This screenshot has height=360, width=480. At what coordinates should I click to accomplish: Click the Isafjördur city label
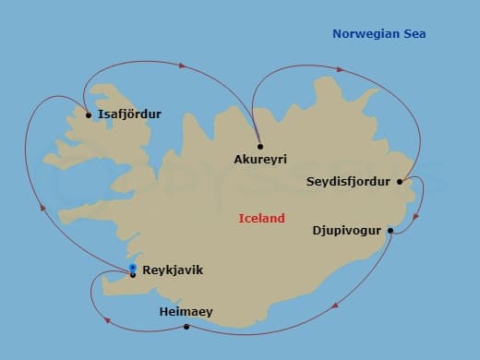point(129,114)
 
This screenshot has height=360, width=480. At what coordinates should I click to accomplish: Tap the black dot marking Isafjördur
point(89,115)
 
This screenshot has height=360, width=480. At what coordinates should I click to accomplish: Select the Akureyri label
point(260,160)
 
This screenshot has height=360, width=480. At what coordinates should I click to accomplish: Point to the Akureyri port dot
point(260,146)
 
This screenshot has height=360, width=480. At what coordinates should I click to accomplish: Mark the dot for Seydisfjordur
point(400,182)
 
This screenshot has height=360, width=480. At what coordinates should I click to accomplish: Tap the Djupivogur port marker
point(390,230)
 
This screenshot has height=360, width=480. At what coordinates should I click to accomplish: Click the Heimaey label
point(186,312)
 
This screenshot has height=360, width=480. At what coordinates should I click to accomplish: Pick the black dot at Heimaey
point(186,327)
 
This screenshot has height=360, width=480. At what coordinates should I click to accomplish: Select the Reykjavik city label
point(173,270)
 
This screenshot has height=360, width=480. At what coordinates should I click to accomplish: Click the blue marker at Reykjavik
point(133,269)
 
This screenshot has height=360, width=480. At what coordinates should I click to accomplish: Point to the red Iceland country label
point(261,219)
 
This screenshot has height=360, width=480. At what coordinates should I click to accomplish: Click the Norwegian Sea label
point(378,34)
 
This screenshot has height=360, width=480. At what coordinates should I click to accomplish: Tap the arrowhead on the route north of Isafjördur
point(183,66)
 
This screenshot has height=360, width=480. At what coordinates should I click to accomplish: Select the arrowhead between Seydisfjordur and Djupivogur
point(416,218)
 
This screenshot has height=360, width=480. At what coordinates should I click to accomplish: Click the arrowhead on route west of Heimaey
point(108,320)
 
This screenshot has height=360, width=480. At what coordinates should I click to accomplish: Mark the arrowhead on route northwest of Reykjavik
point(42,208)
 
